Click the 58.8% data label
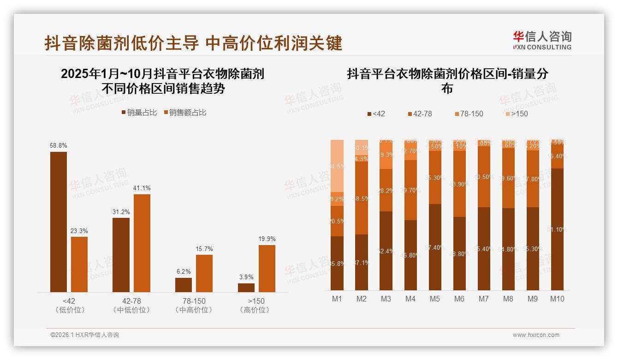point(59,145)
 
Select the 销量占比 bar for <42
point(59,222)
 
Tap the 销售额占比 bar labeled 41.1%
point(142,243)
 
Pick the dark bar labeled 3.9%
point(246,288)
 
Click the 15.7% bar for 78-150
point(204,273)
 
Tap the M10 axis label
point(557,299)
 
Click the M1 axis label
point(337,299)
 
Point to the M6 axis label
point(459,299)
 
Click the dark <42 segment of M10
point(557,229)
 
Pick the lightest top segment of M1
point(337,166)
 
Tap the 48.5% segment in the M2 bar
point(362,198)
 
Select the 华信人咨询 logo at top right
point(542,40)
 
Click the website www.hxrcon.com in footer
point(536,335)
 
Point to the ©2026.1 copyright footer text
point(85,335)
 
